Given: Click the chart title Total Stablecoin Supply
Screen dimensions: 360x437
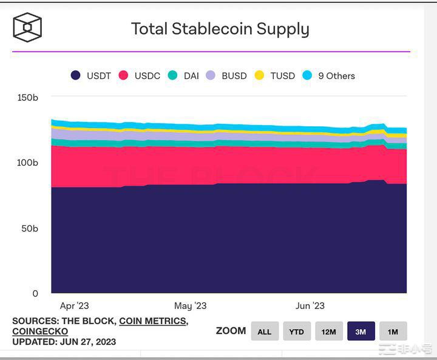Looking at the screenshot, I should [220, 29].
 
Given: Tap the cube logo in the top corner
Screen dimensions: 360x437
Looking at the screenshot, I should [27, 27].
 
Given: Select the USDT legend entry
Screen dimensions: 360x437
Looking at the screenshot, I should [91, 76].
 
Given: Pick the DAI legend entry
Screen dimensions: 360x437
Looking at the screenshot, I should [183, 76].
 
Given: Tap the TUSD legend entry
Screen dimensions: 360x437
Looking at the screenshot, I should [274, 76].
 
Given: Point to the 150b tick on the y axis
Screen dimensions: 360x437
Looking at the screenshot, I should [28, 97].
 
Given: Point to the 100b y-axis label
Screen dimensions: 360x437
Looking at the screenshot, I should [28, 163].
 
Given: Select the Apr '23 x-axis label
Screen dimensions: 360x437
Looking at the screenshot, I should [74, 306].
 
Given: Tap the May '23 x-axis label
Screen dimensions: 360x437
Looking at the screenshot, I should [191, 306].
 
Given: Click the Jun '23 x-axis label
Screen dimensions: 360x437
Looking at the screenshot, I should [310, 306].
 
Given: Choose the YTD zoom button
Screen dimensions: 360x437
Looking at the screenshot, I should [297, 331].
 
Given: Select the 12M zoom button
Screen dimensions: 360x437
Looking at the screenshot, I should [329, 331].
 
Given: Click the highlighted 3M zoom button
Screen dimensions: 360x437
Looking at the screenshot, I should [361, 331].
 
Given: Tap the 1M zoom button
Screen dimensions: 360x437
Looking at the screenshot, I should [393, 331].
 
